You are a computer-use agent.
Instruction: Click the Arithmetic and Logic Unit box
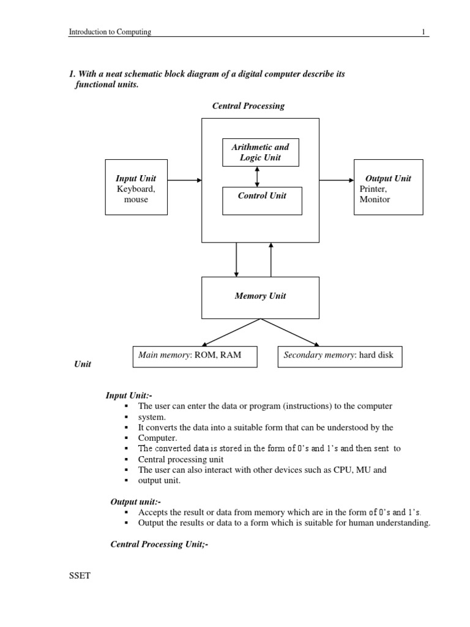click(260, 152)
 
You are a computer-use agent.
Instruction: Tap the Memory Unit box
click(260, 297)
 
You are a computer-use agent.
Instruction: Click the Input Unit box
click(136, 187)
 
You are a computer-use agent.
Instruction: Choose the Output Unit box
click(388, 187)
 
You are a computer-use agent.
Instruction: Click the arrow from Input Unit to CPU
click(184, 180)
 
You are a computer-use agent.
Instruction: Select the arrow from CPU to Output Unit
click(336, 180)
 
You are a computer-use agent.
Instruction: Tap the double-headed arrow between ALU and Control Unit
click(257, 176)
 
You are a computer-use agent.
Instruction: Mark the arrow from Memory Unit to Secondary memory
click(290, 332)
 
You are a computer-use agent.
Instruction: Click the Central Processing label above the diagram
click(248, 106)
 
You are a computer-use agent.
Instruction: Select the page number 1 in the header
click(423, 32)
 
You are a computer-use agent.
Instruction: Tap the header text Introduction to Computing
click(110, 32)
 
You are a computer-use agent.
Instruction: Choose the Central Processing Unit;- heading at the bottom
click(159, 543)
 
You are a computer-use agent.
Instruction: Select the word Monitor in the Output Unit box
click(375, 200)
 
